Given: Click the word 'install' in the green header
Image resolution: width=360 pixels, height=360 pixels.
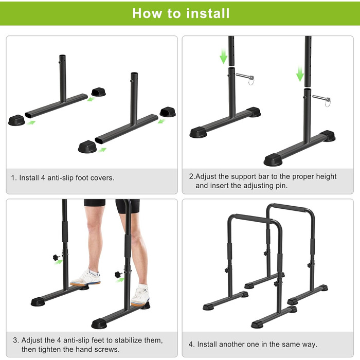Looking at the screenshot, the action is point(208,13).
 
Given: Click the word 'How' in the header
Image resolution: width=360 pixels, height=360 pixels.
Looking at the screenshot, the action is point(147,13).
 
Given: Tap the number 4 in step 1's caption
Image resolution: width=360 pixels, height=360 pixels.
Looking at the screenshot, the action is point(43,178).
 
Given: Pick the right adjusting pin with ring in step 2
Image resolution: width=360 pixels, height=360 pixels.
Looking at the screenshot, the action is point(322,100).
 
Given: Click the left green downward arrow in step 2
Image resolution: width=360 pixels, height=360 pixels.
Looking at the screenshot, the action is point(223,56).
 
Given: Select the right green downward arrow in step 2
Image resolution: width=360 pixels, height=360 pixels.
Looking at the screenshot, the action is point(300,74).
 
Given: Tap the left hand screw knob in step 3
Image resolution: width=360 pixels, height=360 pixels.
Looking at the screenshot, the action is point(56,257).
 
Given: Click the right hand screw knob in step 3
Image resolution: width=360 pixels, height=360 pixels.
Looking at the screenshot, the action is point(118,274).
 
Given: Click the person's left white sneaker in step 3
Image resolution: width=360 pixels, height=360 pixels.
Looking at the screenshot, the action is point(140,296).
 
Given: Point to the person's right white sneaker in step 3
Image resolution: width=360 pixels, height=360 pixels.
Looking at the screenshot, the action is point(86,278).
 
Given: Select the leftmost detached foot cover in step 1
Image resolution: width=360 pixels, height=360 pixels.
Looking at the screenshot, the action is point(16,120).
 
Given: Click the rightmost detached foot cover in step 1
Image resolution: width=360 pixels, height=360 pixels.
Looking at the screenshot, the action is point(168,112).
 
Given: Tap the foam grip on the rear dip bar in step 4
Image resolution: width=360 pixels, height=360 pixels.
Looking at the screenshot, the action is point(289,208).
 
